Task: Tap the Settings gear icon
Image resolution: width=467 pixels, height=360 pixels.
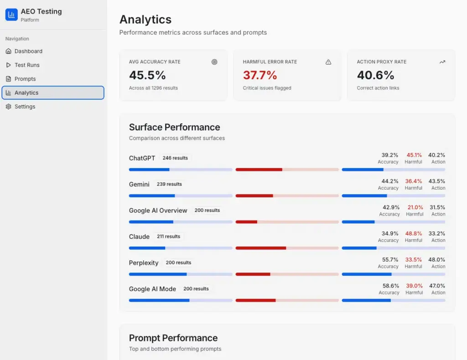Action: [8, 107]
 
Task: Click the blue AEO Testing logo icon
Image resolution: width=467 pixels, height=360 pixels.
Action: [11, 15]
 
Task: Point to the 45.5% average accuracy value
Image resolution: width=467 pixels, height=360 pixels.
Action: [147, 75]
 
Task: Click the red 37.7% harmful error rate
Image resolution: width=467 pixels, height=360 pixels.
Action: [259, 75]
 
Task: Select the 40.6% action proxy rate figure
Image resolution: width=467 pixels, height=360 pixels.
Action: [375, 75]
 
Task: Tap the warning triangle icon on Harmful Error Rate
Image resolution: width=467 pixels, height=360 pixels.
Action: [328, 62]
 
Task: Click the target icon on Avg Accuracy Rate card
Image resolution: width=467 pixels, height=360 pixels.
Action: [214, 62]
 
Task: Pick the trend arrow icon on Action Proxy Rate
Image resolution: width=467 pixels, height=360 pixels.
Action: [442, 62]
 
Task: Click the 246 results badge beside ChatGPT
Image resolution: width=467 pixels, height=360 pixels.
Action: [175, 158]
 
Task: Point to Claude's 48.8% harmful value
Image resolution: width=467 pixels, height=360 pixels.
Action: [413, 234]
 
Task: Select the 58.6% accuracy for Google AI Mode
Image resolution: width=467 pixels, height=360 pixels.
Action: [391, 286]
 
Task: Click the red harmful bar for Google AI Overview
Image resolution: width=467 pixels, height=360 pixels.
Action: [246, 222]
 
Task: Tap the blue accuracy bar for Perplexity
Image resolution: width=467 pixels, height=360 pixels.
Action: [158, 274]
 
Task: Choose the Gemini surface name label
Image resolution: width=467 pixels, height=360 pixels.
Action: [139, 185]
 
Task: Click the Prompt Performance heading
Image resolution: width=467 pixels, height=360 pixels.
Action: [173, 338]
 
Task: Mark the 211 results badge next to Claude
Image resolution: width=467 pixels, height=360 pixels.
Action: [169, 237]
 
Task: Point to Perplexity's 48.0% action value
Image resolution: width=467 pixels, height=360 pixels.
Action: [436, 260]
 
